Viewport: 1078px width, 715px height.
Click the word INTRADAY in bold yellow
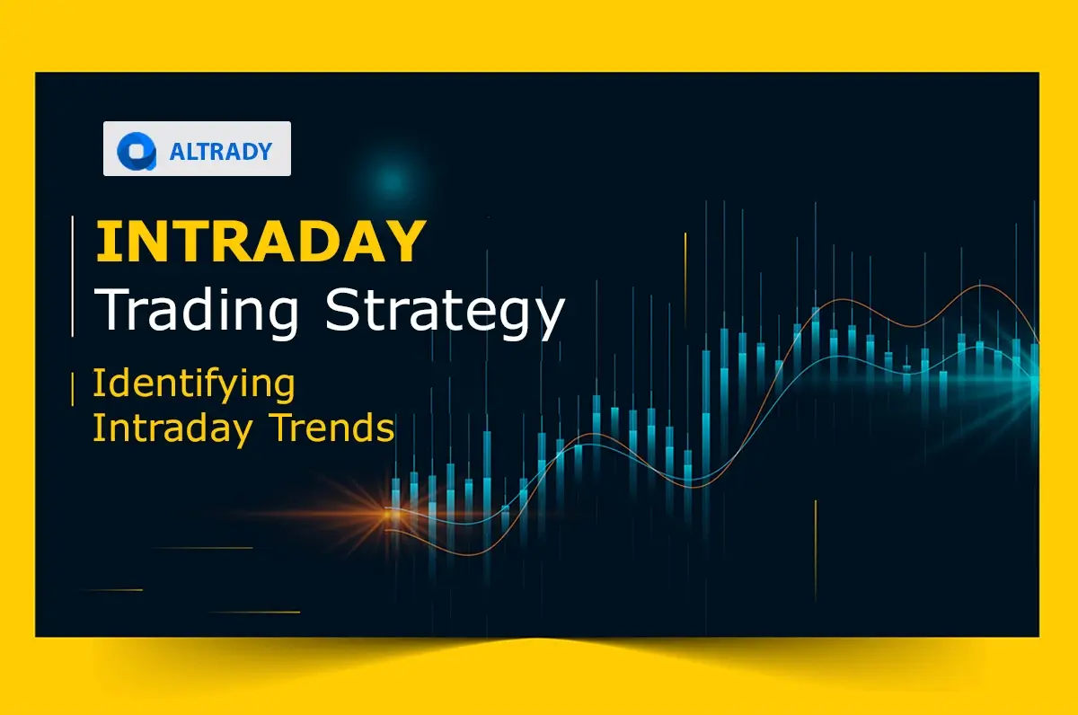coord(260,241)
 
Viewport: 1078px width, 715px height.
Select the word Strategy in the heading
coord(445,309)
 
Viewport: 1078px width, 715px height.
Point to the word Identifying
coord(193,384)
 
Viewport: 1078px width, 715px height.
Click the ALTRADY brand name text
coord(220,151)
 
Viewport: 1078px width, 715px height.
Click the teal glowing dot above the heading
coord(391,180)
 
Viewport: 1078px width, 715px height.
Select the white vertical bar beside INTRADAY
coord(73,277)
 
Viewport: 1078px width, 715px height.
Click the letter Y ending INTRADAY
coord(405,241)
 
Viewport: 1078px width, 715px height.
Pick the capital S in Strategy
coord(345,309)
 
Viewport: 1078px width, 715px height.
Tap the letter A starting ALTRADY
coord(176,151)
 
